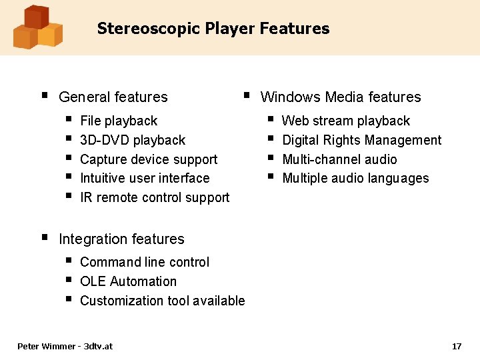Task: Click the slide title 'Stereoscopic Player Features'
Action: tap(213, 29)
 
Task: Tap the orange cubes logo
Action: tap(37, 27)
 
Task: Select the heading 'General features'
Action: tap(113, 97)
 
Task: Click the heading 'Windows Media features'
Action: tap(341, 97)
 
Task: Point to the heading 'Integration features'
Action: tap(121, 239)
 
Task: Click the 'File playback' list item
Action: tap(119, 121)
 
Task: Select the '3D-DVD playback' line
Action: tap(133, 141)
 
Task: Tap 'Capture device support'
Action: tap(149, 159)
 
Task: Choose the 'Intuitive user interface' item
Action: tap(145, 179)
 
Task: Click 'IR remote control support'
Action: tap(155, 198)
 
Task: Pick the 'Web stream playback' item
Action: tap(346, 121)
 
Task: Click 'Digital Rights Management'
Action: tap(362, 141)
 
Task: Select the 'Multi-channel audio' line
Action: tap(339, 159)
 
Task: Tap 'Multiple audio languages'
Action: tap(355, 179)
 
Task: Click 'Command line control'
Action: tap(145, 263)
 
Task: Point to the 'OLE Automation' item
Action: tap(128, 282)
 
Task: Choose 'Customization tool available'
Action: tap(163, 301)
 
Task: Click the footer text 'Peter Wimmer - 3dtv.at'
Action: tap(65, 346)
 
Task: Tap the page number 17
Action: tap(457, 346)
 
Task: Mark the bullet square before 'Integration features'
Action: tap(44, 237)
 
